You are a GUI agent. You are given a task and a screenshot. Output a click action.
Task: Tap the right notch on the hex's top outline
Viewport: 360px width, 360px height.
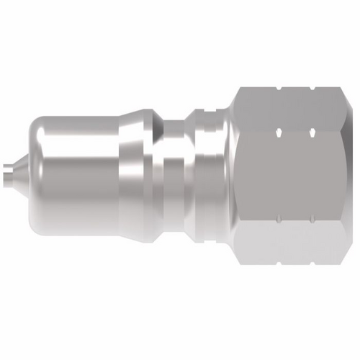311,89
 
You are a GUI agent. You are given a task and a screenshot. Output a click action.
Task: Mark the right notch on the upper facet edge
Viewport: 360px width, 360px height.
311,132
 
